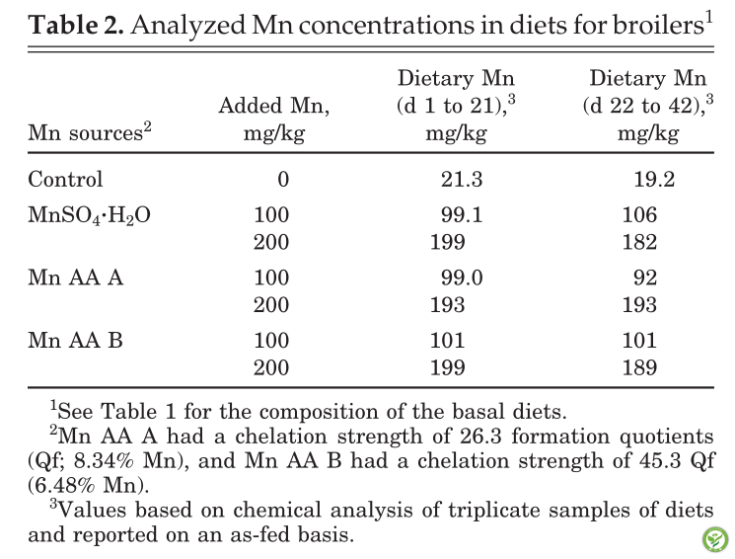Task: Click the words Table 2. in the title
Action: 76,25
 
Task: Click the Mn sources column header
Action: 90,132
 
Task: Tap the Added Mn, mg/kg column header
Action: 274,119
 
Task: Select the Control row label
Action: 65,179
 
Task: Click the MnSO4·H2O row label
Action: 89,215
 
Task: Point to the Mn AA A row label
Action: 75,277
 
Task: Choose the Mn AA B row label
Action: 75,340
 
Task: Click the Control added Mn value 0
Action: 283,180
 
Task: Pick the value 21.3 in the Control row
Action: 462,180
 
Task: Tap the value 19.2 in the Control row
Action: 654,180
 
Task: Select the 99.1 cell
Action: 462,214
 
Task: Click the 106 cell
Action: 640,214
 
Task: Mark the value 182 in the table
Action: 640,242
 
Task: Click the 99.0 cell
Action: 462,278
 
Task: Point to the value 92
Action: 645,278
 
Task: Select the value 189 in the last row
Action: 640,367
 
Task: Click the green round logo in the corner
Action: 715,539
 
